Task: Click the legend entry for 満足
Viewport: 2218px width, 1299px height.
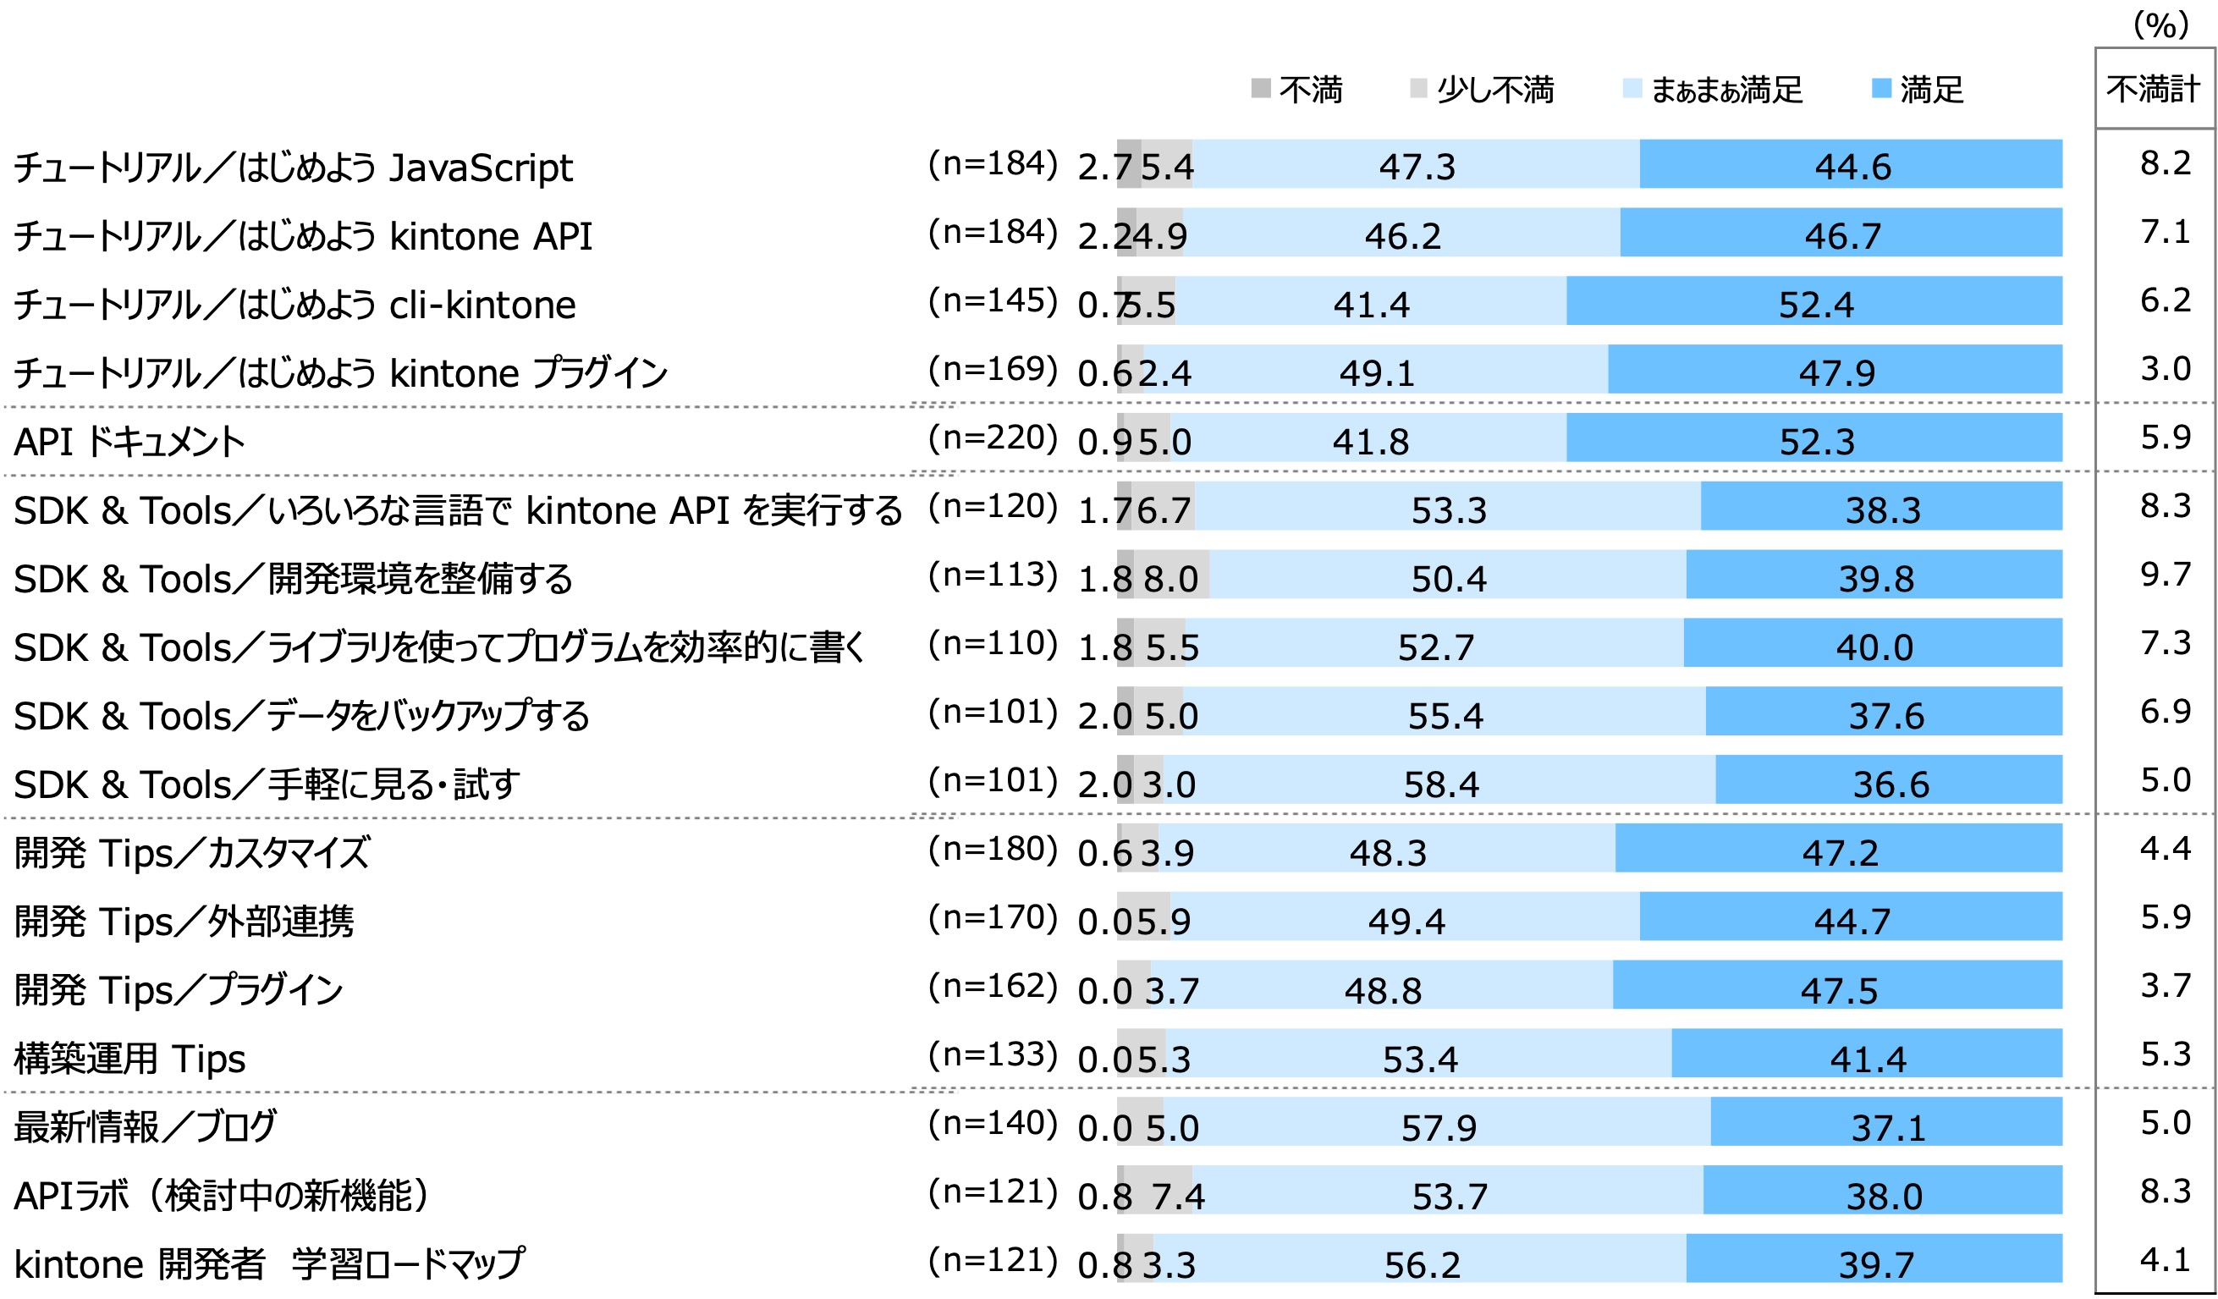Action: pos(1918,90)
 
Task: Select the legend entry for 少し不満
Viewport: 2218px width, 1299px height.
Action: pos(1483,90)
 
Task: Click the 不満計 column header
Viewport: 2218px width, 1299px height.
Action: pos(2154,90)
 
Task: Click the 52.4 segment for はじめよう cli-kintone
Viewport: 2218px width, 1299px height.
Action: pos(1815,305)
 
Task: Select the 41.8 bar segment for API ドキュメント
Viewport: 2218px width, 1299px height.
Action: pos(1370,441)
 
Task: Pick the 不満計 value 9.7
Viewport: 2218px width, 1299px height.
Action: pos(2166,575)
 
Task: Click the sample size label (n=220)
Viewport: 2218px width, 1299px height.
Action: pos(993,438)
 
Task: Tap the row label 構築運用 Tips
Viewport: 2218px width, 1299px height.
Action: pos(130,1059)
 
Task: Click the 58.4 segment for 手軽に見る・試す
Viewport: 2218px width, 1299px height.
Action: pos(1441,784)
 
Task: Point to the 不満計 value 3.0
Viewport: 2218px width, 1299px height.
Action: pos(2166,369)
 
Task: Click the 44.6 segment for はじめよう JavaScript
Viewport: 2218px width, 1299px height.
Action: pos(1852,167)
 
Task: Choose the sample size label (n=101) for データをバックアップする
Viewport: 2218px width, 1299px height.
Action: pos(993,712)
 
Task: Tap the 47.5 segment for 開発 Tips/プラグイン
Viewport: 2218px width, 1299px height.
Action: pos(1839,990)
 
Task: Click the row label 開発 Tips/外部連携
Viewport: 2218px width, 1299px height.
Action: pos(183,922)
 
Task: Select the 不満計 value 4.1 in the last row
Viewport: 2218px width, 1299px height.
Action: pos(2166,1260)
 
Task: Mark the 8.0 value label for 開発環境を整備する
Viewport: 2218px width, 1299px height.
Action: pos(1170,579)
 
